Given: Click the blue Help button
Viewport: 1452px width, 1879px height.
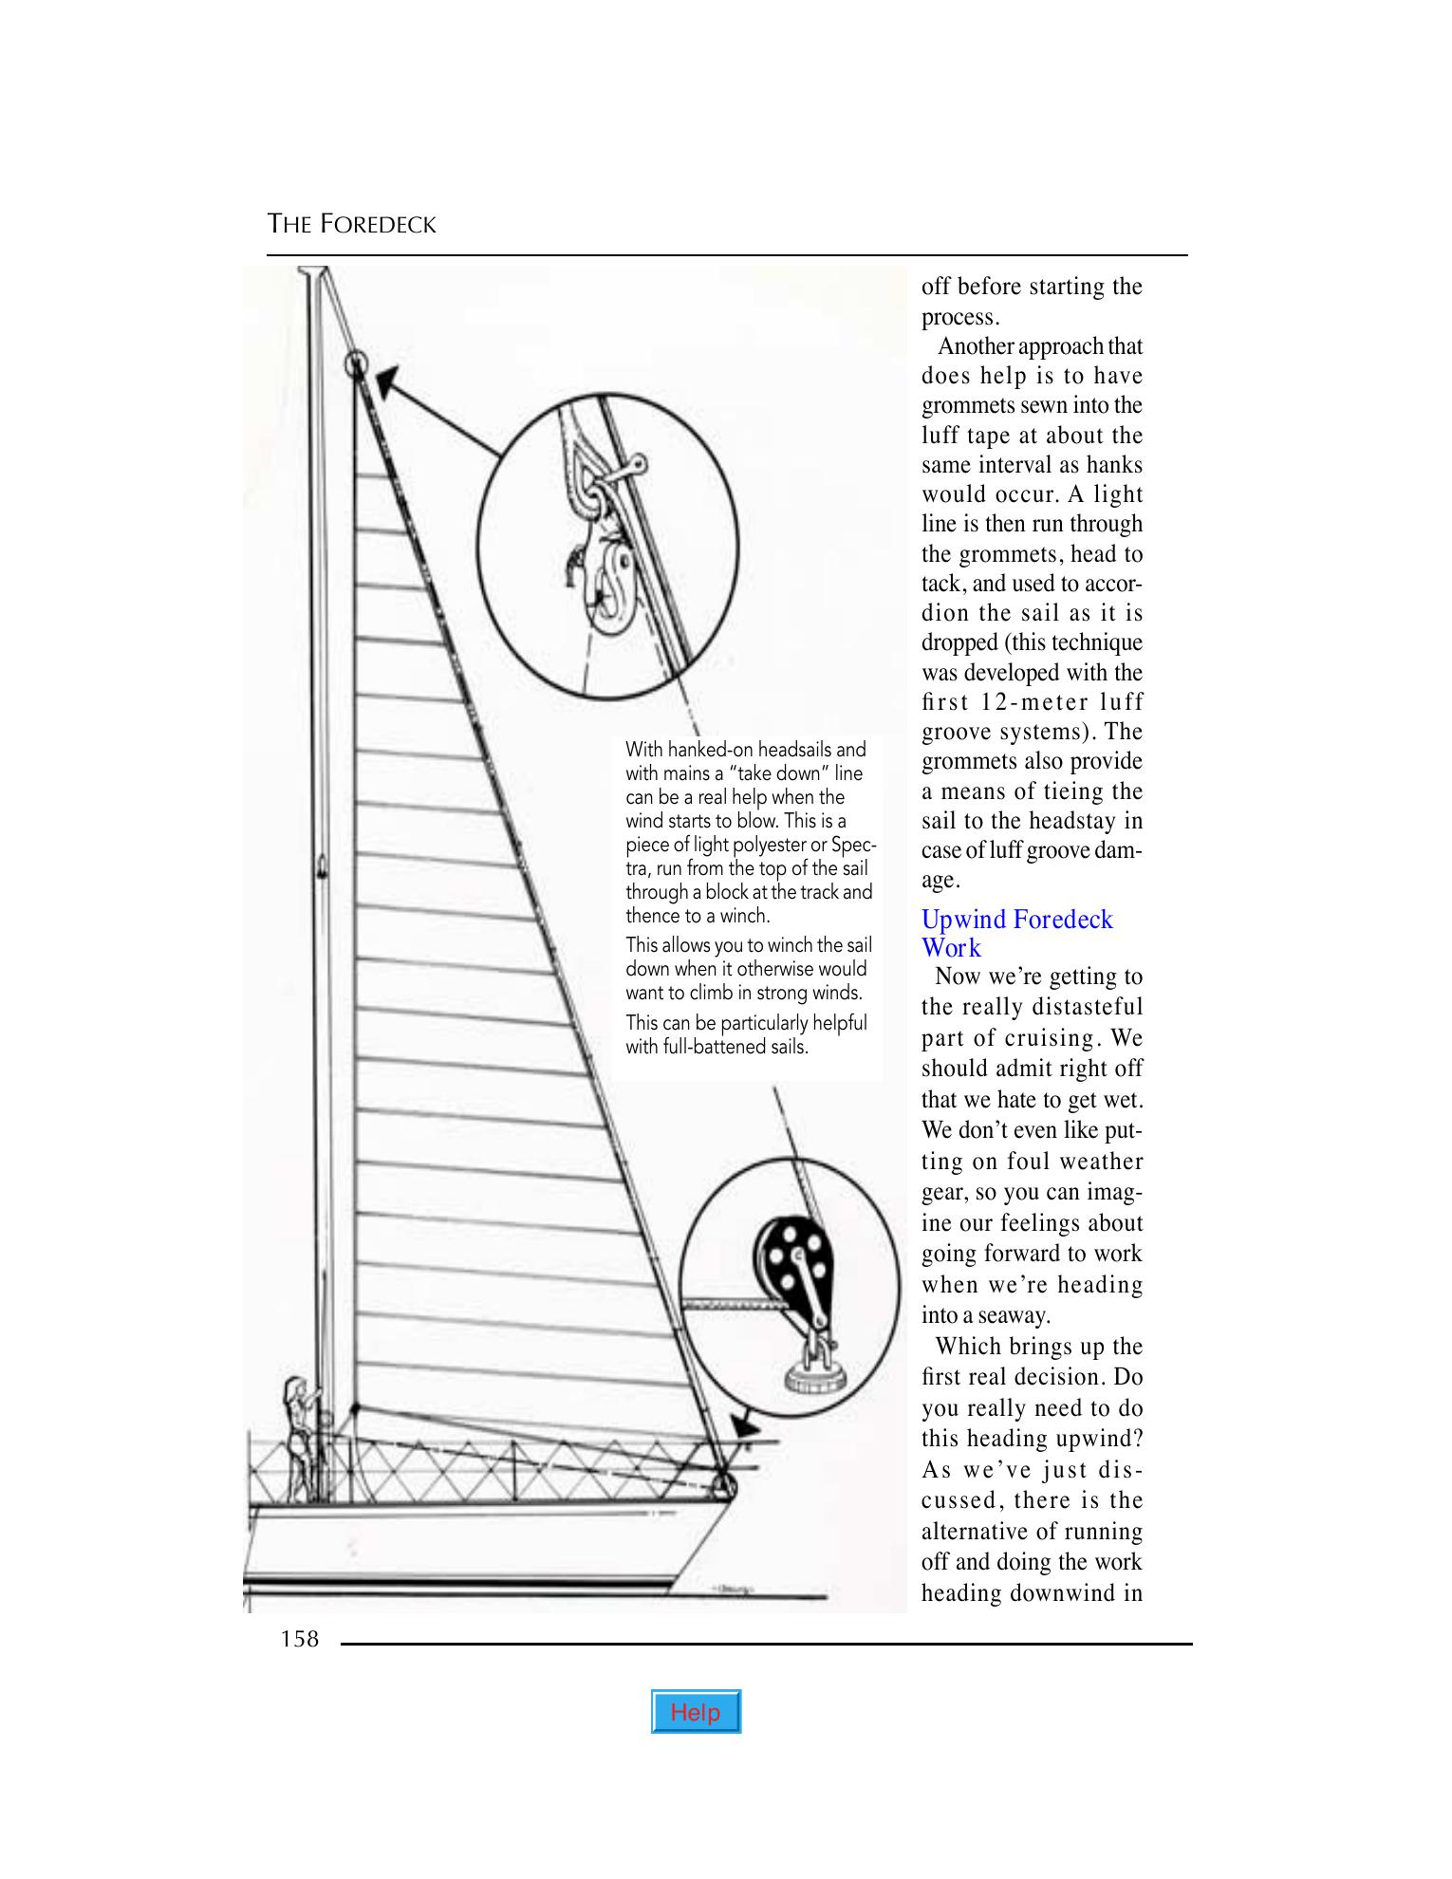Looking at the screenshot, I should tap(696, 1712).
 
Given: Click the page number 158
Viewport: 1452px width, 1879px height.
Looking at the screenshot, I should tap(300, 1638).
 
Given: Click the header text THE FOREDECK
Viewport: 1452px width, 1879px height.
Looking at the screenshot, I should tap(351, 225).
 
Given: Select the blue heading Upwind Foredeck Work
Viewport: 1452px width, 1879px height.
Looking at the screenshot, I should tap(1015, 933).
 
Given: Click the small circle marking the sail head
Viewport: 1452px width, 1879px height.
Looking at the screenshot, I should tap(355, 363).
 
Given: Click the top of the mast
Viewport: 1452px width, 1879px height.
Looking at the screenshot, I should tap(314, 273).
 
